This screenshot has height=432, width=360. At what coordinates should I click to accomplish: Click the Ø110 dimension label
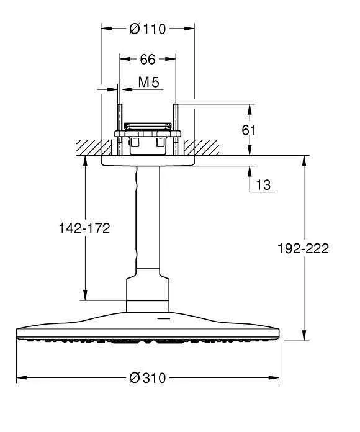click(148, 29)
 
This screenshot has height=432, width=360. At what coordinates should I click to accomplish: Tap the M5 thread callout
click(148, 81)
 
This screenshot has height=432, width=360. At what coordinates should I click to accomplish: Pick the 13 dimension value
click(263, 184)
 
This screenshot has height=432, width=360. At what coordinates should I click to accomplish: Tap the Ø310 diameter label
click(148, 378)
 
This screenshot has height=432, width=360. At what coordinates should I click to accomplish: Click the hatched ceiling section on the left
click(87, 148)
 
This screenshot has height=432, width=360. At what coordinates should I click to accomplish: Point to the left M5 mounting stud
click(118, 127)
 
